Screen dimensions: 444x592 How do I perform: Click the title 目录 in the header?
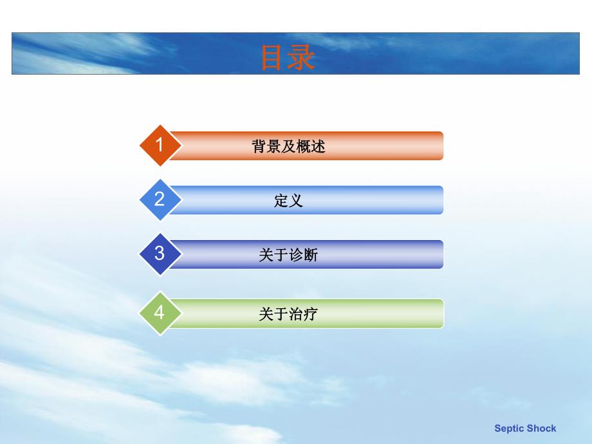coord(287,57)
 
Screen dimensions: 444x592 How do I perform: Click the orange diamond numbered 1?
coord(159,145)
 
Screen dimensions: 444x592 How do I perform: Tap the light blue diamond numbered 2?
coord(159,199)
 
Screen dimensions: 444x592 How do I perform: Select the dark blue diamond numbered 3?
coord(159,254)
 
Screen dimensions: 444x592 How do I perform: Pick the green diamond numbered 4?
coord(159,313)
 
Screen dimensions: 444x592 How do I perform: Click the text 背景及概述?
coord(288,147)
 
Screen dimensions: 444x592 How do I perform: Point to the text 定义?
coord(288,201)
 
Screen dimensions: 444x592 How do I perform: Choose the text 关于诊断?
coord(288,255)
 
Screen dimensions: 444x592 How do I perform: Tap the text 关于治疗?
coord(288,315)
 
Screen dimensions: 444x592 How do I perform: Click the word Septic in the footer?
coord(509,429)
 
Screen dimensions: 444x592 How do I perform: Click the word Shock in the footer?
coord(542,429)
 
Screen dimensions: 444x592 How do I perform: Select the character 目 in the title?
coord(273,57)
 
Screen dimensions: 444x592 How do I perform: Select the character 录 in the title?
coord(301,57)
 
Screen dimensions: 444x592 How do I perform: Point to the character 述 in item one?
coord(318,147)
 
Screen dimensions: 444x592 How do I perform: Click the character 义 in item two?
coord(295,201)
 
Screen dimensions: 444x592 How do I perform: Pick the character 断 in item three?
coord(311,255)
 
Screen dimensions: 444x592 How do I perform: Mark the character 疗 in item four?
coord(311,315)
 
